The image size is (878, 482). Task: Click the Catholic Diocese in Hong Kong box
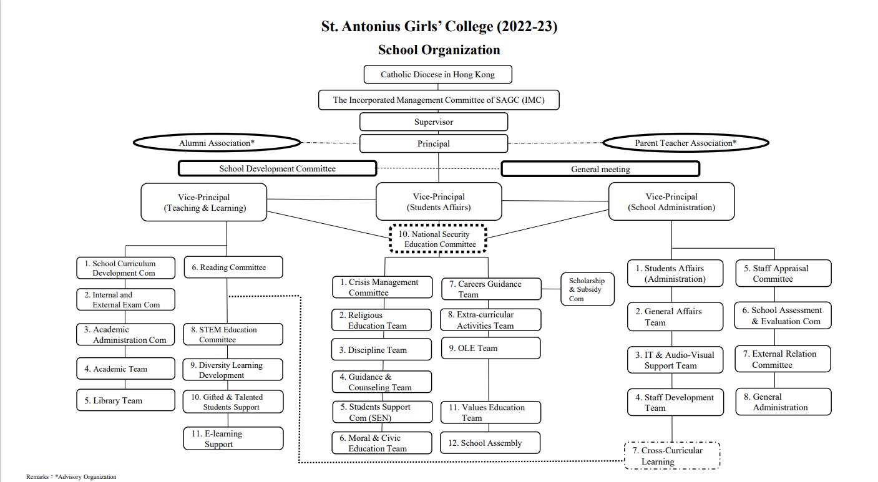click(x=438, y=74)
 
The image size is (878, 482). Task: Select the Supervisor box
click(x=434, y=122)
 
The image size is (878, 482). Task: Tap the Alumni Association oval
click(x=217, y=143)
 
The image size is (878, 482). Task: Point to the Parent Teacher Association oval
click(x=686, y=143)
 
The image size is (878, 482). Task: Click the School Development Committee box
click(x=278, y=168)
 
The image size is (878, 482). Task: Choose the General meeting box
click(x=600, y=169)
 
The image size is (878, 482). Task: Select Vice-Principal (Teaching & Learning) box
click(x=204, y=202)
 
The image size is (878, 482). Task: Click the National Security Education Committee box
click(x=438, y=239)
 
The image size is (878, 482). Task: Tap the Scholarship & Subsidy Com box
click(x=587, y=289)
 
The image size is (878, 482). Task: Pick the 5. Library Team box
click(x=126, y=400)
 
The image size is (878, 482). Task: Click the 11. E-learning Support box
click(x=233, y=438)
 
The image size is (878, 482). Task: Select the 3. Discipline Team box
click(x=381, y=350)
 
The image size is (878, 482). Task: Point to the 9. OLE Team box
click(x=490, y=348)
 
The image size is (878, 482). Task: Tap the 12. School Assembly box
click(x=490, y=443)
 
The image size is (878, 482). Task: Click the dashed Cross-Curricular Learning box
click(x=672, y=456)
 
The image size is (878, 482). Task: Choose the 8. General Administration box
click(x=783, y=402)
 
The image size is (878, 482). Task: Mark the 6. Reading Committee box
click(x=233, y=268)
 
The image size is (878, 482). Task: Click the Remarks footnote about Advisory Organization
click(x=71, y=477)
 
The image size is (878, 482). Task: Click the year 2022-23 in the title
click(x=527, y=26)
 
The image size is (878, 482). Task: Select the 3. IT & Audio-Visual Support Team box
click(x=675, y=360)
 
